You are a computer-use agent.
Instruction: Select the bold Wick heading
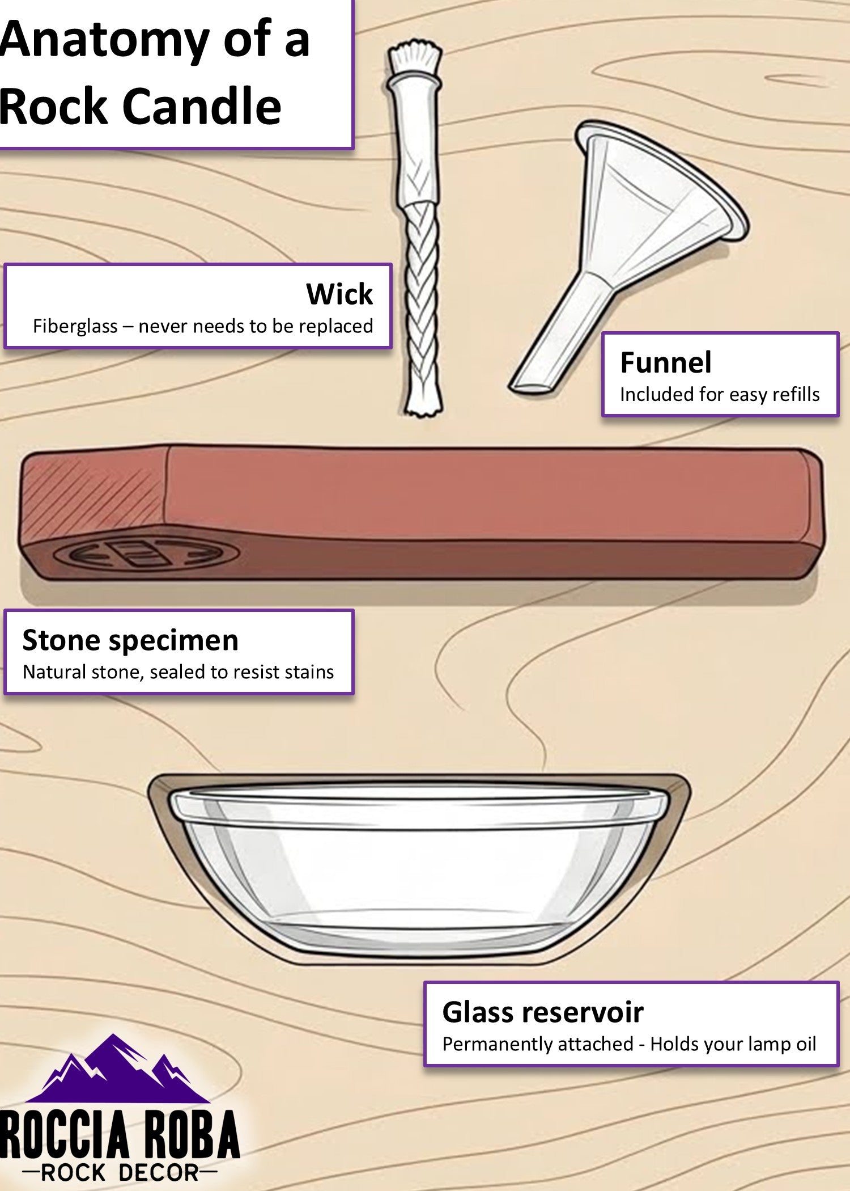click(339, 294)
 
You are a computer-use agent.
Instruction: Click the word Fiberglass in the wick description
click(75, 327)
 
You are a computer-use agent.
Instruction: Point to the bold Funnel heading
click(666, 362)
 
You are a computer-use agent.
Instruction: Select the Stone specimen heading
click(130, 641)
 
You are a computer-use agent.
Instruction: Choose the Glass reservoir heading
click(543, 1012)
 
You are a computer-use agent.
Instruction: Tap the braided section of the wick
click(422, 295)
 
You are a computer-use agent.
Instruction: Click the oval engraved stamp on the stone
click(147, 555)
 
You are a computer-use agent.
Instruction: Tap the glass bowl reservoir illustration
click(419, 868)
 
